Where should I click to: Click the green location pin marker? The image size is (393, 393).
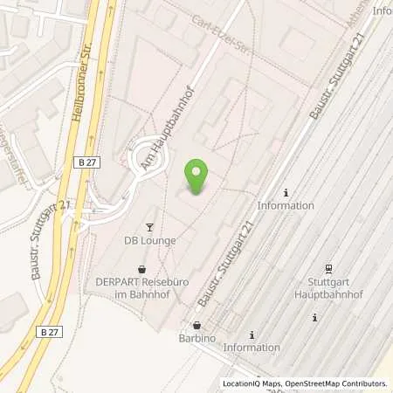197,177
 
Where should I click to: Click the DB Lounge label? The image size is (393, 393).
150,240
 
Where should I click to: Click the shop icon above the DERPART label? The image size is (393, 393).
143,269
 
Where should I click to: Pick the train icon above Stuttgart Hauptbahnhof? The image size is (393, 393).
328,268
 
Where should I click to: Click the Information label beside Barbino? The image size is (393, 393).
252,348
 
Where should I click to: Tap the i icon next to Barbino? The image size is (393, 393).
252,334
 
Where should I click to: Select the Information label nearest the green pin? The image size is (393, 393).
286,206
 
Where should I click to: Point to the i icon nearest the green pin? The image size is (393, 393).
286,192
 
